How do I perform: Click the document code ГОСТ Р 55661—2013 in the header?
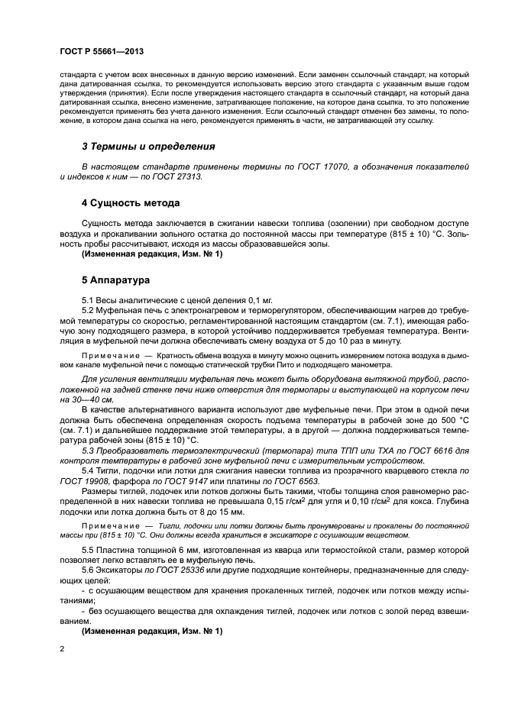pyautogui.click(x=102, y=51)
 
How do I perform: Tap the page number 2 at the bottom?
pyautogui.click(x=62, y=648)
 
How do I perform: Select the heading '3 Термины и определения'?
pyautogui.click(x=148, y=146)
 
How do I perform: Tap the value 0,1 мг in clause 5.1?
pyautogui.click(x=234, y=301)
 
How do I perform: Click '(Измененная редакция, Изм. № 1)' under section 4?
pyautogui.click(x=151, y=254)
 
